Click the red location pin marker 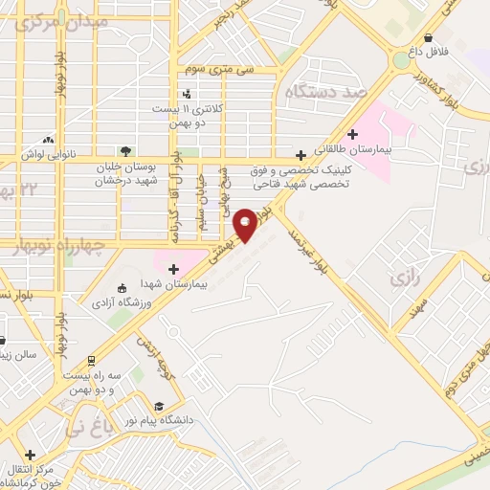click(246, 224)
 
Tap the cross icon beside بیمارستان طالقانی click(354, 133)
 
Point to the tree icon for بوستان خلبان click(124, 150)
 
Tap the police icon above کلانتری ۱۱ click(187, 94)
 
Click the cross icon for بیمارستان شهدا click(173, 269)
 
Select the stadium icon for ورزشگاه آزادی click(121, 289)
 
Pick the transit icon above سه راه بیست click(90, 361)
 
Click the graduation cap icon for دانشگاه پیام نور click(161, 405)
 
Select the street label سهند click(414, 309)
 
